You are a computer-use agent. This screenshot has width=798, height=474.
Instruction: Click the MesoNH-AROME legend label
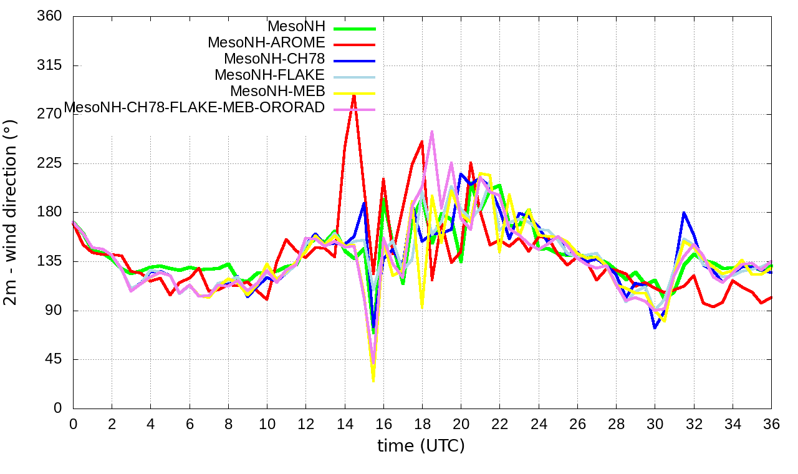[x=266, y=43]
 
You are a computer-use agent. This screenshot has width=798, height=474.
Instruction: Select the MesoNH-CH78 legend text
[x=274, y=59]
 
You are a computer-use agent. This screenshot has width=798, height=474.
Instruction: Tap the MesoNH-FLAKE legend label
[x=270, y=75]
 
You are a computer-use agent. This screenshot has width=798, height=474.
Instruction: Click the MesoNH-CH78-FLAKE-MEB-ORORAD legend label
[x=195, y=108]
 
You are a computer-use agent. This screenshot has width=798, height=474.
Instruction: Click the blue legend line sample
[x=355, y=60]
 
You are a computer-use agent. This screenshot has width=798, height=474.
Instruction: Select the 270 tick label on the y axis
[x=50, y=114]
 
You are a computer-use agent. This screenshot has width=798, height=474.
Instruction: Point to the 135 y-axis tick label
[x=50, y=261]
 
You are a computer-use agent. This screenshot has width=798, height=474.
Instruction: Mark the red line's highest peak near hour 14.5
[x=354, y=95]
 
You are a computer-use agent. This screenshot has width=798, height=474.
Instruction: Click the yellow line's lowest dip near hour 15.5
[x=373, y=381]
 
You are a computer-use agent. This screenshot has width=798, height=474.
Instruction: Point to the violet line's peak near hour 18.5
[x=432, y=132]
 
